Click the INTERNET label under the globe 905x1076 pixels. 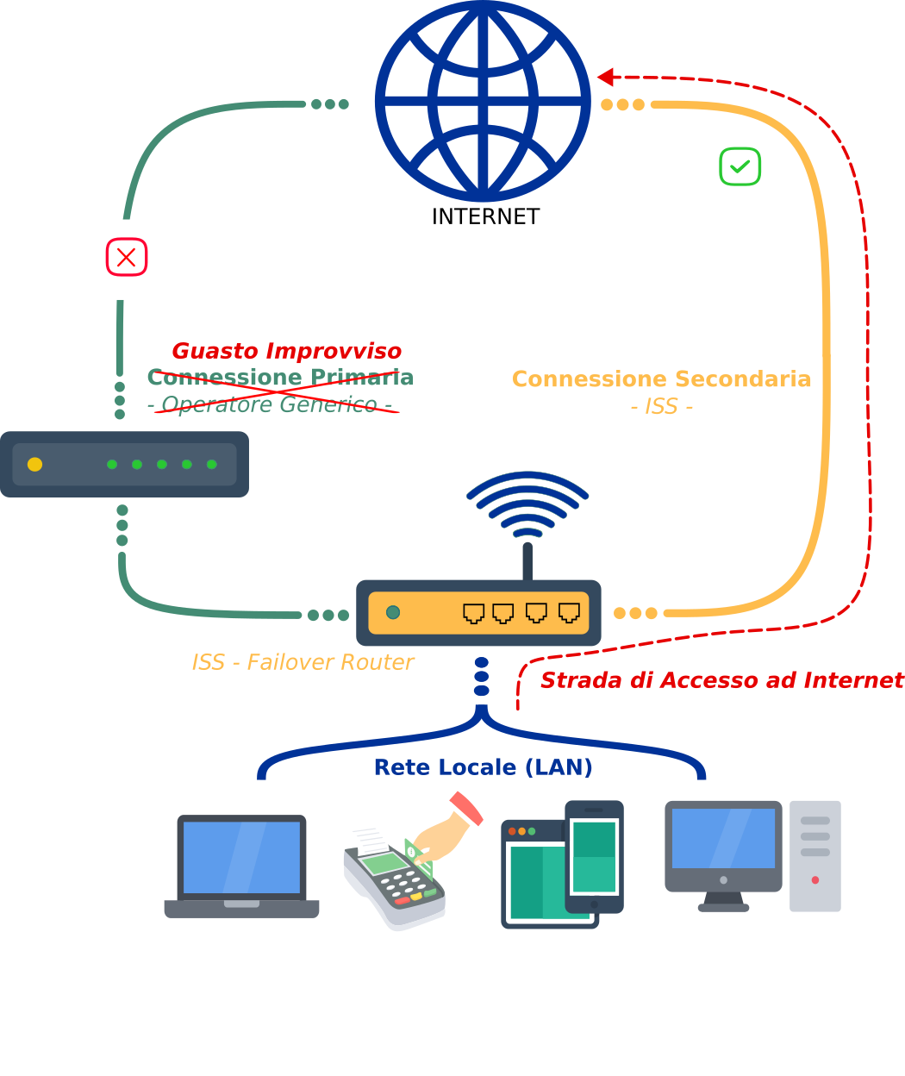click(x=485, y=216)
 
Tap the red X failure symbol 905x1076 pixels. click(x=127, y=257)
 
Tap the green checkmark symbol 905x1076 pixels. click(x=740, y=166)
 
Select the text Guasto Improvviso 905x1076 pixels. click(x=286, y=351)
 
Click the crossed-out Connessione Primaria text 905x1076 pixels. click(x=280, y=378)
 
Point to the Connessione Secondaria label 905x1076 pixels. click(x=661, y=379)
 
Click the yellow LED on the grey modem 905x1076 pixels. click(x=34, y=465)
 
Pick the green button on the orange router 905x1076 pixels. click(x=393, y=612)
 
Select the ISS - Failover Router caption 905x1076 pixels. click(x=303, y=662)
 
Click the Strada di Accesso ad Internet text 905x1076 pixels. click(x=721, y=680)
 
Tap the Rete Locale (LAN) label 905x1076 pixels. click(x=483, y=767)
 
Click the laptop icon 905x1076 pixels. click(x=241, y=865)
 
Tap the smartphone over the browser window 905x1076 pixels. click(x=595, y=856)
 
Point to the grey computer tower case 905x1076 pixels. click(x=814, y=855)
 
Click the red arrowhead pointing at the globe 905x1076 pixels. click(x=606, y=78)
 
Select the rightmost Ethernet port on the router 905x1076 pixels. click(x=569, y=613)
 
